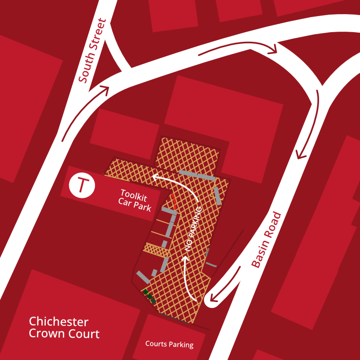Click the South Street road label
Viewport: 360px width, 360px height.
(93, 51)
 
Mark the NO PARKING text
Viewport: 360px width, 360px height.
(193, 228)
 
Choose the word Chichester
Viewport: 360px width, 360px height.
(58, 322)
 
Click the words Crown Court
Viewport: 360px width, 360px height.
(64, 334)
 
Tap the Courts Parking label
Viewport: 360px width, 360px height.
(169, 344)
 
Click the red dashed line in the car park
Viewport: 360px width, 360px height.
(173, 200)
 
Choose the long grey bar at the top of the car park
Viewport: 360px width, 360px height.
(197, 175)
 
